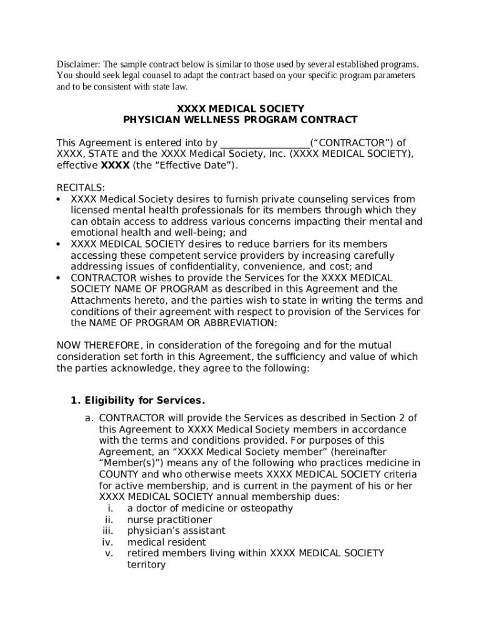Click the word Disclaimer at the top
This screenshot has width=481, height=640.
pyautogui.click(x=79, y=64)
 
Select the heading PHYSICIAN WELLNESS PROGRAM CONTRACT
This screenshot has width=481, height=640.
pyautogui.click(x=241, y=120)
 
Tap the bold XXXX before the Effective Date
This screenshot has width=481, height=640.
pyautogui.click(x=115, y=166)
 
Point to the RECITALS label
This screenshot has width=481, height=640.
pyautogui.click(x=81, y=188)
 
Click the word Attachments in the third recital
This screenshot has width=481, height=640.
pyautogui.click(x=99, y=300)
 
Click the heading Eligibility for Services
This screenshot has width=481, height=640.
pyautogui.click(x=145, y=400)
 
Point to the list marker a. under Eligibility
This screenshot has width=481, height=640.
pyautogui.click(x=89, y=418)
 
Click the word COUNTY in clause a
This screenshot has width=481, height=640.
pyautogui.click(x=119, y=474)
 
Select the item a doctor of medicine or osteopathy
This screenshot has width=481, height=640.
pyautogui.click(x=210, y=508)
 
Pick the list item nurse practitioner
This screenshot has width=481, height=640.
pyautogui.click(x=169, y=519)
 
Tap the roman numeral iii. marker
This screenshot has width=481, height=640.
pyautogui.click(x=107, y=531)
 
